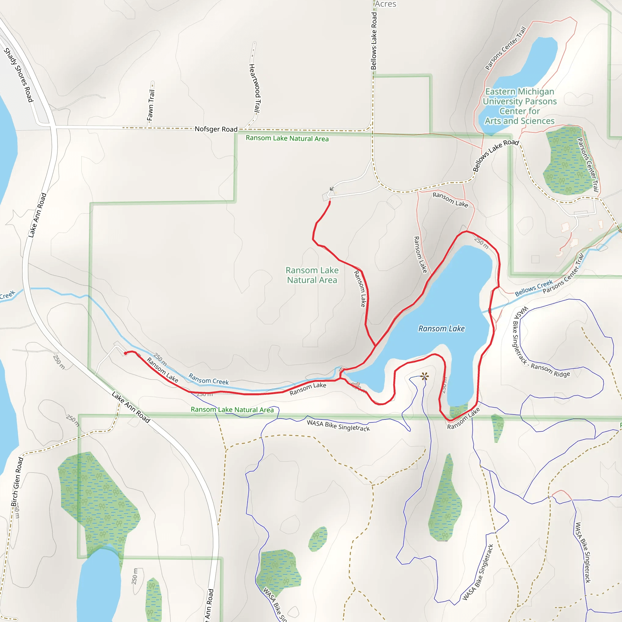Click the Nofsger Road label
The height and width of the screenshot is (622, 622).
(216, 129)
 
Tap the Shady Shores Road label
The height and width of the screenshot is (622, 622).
(19, 75)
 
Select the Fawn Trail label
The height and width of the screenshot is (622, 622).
(151, 105)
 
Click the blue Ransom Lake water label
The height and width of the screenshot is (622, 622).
(441, 329)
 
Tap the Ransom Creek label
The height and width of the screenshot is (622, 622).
(208, 379)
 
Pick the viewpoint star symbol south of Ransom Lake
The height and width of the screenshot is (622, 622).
(424, 376)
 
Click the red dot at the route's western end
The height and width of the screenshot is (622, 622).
(125, 354)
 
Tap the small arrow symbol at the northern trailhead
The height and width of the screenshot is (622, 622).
(332, 189)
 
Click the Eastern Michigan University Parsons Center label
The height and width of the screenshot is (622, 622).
(520, 106)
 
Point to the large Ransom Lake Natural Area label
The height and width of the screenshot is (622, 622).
(312, 275)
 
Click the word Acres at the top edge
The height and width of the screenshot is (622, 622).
(385, 4)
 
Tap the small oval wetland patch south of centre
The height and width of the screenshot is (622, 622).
(318, 539)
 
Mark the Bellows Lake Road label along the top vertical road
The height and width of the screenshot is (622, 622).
(374, 41)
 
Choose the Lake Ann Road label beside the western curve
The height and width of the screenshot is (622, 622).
(37, 215)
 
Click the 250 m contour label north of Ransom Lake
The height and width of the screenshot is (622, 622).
(481, 243)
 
